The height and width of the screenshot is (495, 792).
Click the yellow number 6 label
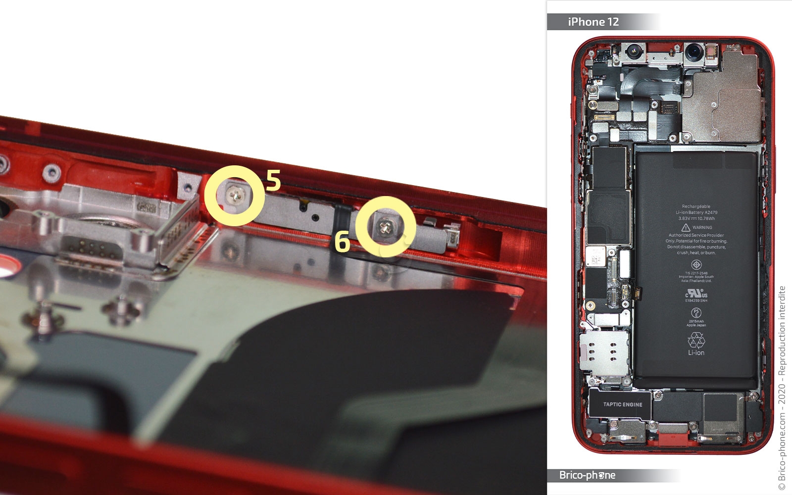(x=342, y=241)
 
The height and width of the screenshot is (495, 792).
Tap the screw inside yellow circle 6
(x=386, y=227)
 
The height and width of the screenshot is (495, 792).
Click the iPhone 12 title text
(x=593, y=22)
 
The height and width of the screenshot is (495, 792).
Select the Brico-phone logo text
(x=587, y=475)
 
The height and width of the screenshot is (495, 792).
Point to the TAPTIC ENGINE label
(x=622, y=404)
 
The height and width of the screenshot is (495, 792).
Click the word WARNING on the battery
(x=702, y=228)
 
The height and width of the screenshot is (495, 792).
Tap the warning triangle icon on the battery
(x=686, y=227)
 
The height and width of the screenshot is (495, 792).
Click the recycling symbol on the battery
(x=696, y=340)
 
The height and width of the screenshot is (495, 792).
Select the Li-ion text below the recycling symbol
(x=696, y=353)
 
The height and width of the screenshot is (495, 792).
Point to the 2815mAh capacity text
(x=696, y=321)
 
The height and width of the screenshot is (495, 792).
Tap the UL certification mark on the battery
(x=696, y=294)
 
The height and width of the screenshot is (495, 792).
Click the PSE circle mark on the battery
(x=696, y=312)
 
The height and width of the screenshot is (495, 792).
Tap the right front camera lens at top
(x=695, y=50)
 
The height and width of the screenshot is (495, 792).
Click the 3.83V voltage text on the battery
(x=684, y=218)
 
